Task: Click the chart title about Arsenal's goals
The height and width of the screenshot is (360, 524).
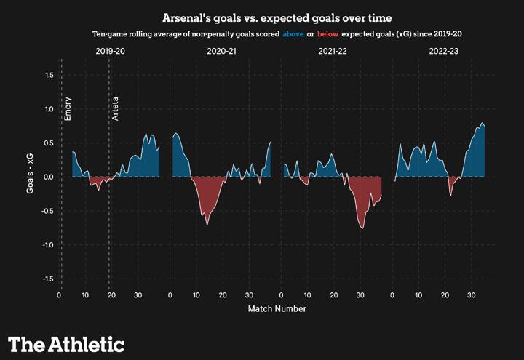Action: (262, 17)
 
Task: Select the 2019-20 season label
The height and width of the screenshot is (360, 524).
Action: (110, 52)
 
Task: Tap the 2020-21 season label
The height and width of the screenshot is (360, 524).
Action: (221, 52)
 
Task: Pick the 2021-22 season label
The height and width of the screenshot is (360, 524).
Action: (333, 52)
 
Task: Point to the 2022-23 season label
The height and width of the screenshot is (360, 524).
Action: (444, 52)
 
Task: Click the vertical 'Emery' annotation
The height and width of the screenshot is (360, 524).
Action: (68, 108)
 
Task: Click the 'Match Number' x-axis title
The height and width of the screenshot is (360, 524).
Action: (277, 309)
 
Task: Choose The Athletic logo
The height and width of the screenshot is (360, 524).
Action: (66, 344)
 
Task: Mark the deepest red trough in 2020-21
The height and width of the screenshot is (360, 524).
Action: (207, 223)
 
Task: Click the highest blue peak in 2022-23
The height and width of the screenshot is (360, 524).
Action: (481, 124)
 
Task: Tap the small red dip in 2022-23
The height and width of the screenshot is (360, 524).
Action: (451, 193)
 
